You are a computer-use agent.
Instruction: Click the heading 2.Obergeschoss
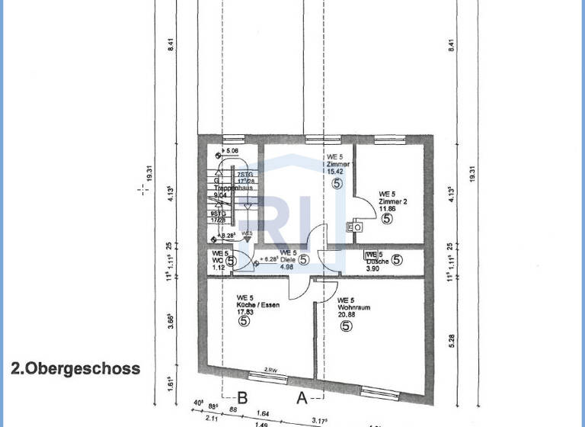tap(75, 369)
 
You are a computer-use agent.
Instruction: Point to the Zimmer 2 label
tap(393, 201)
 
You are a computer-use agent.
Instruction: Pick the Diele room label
tap(286, 259)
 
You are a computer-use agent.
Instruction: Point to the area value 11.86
tap(388, 208)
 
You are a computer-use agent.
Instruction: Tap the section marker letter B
tap(243, 396)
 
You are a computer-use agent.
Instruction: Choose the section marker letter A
tap(301, 396)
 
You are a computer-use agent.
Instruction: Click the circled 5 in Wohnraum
tap(345, 327)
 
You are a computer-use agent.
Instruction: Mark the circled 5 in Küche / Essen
tap(245, 322)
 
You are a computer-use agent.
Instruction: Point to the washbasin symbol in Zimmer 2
tap(355, 226)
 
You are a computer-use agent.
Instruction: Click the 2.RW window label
tap(270, 371)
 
